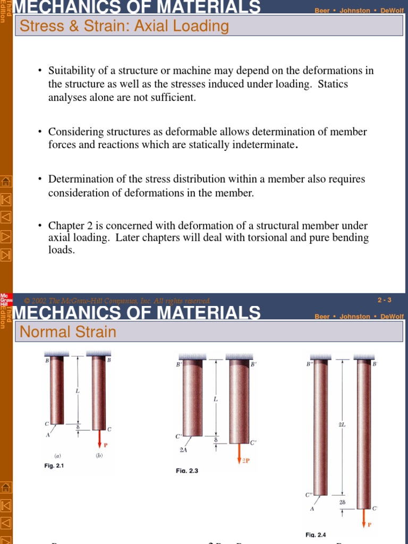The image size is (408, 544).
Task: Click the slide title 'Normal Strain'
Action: (x=67, y=332)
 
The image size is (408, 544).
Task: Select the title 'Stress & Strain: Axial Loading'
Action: (x=124, y=25)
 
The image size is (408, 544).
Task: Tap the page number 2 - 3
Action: (x=384, y=300)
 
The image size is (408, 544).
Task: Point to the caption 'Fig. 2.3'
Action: (x=187, y=471)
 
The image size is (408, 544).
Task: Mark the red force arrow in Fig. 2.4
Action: (x=363, y=517)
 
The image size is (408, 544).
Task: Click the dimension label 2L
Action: (x=342, y=424)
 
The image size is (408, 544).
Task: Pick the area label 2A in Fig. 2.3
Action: (x=183, y=450)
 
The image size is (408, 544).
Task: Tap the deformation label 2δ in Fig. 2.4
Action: (x=342, y=502)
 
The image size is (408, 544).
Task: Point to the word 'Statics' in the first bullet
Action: (x=333, y=84)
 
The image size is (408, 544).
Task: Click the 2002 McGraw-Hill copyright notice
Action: (x=117, y=301)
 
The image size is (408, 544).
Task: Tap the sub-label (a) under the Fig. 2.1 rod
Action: (x=57, y=456)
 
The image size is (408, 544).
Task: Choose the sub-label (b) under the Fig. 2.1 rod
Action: (x=99, y=456)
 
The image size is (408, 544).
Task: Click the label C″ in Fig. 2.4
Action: (x=309, y=495)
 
